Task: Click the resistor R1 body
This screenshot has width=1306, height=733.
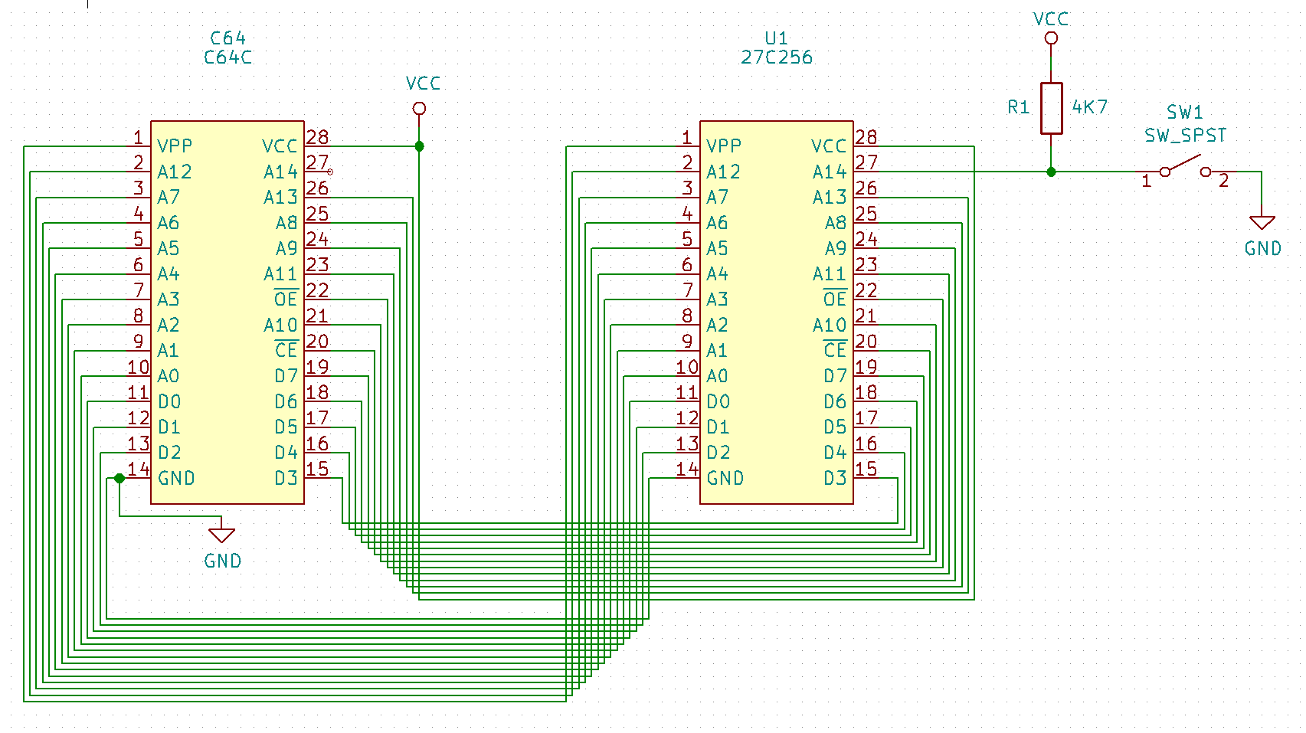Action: pos(1051,108)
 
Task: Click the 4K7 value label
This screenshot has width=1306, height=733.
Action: pos(1089,107)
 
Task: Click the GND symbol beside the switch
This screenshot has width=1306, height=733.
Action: pos(1262,223)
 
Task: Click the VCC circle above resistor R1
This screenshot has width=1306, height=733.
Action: pos(1051,38)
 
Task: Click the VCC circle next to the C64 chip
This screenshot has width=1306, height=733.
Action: pos(419,109)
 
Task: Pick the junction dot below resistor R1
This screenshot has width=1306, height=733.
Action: pos(1051,172)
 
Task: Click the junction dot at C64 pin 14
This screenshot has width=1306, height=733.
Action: pos(119,478)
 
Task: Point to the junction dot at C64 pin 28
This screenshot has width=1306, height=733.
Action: pos(419,146)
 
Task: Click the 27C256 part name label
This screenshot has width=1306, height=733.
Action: pos(776,57)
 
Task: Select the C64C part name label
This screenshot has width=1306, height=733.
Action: pos(227,57)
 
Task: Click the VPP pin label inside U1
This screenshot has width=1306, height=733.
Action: pos(724,146)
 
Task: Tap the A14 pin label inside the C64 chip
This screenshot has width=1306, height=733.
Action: pos(280,172)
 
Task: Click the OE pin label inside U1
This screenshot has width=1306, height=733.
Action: pos(834,299)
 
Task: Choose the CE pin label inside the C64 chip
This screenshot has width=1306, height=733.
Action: pos(286,351)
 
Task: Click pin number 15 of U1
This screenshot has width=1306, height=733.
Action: pos(866,469)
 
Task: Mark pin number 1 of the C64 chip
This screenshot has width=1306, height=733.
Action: pos(138,138)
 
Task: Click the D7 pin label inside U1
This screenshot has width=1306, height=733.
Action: pos(834,376)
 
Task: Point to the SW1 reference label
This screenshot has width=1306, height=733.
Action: pos(1184,113)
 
